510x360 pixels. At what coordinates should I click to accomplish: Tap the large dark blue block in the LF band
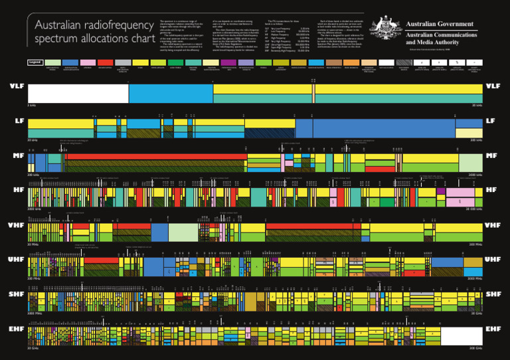375,128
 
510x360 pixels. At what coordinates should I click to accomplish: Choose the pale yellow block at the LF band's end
469,133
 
